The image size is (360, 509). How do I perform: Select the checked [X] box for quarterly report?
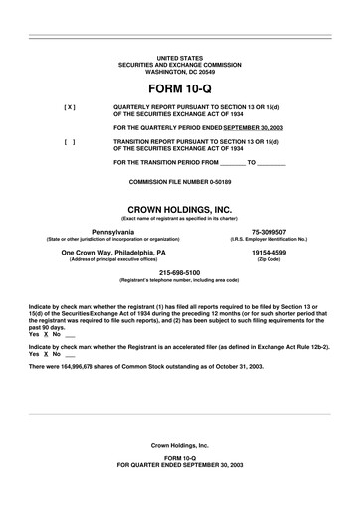click(69, 106)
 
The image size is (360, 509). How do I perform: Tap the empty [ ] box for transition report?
click(69, 141)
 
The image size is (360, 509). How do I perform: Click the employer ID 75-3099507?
click(275, 231)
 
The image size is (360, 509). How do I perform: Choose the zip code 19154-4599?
click(275, 253)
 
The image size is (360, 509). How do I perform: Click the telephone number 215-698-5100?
click(179, 272)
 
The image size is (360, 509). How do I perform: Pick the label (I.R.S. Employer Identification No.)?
click(275, 239)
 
